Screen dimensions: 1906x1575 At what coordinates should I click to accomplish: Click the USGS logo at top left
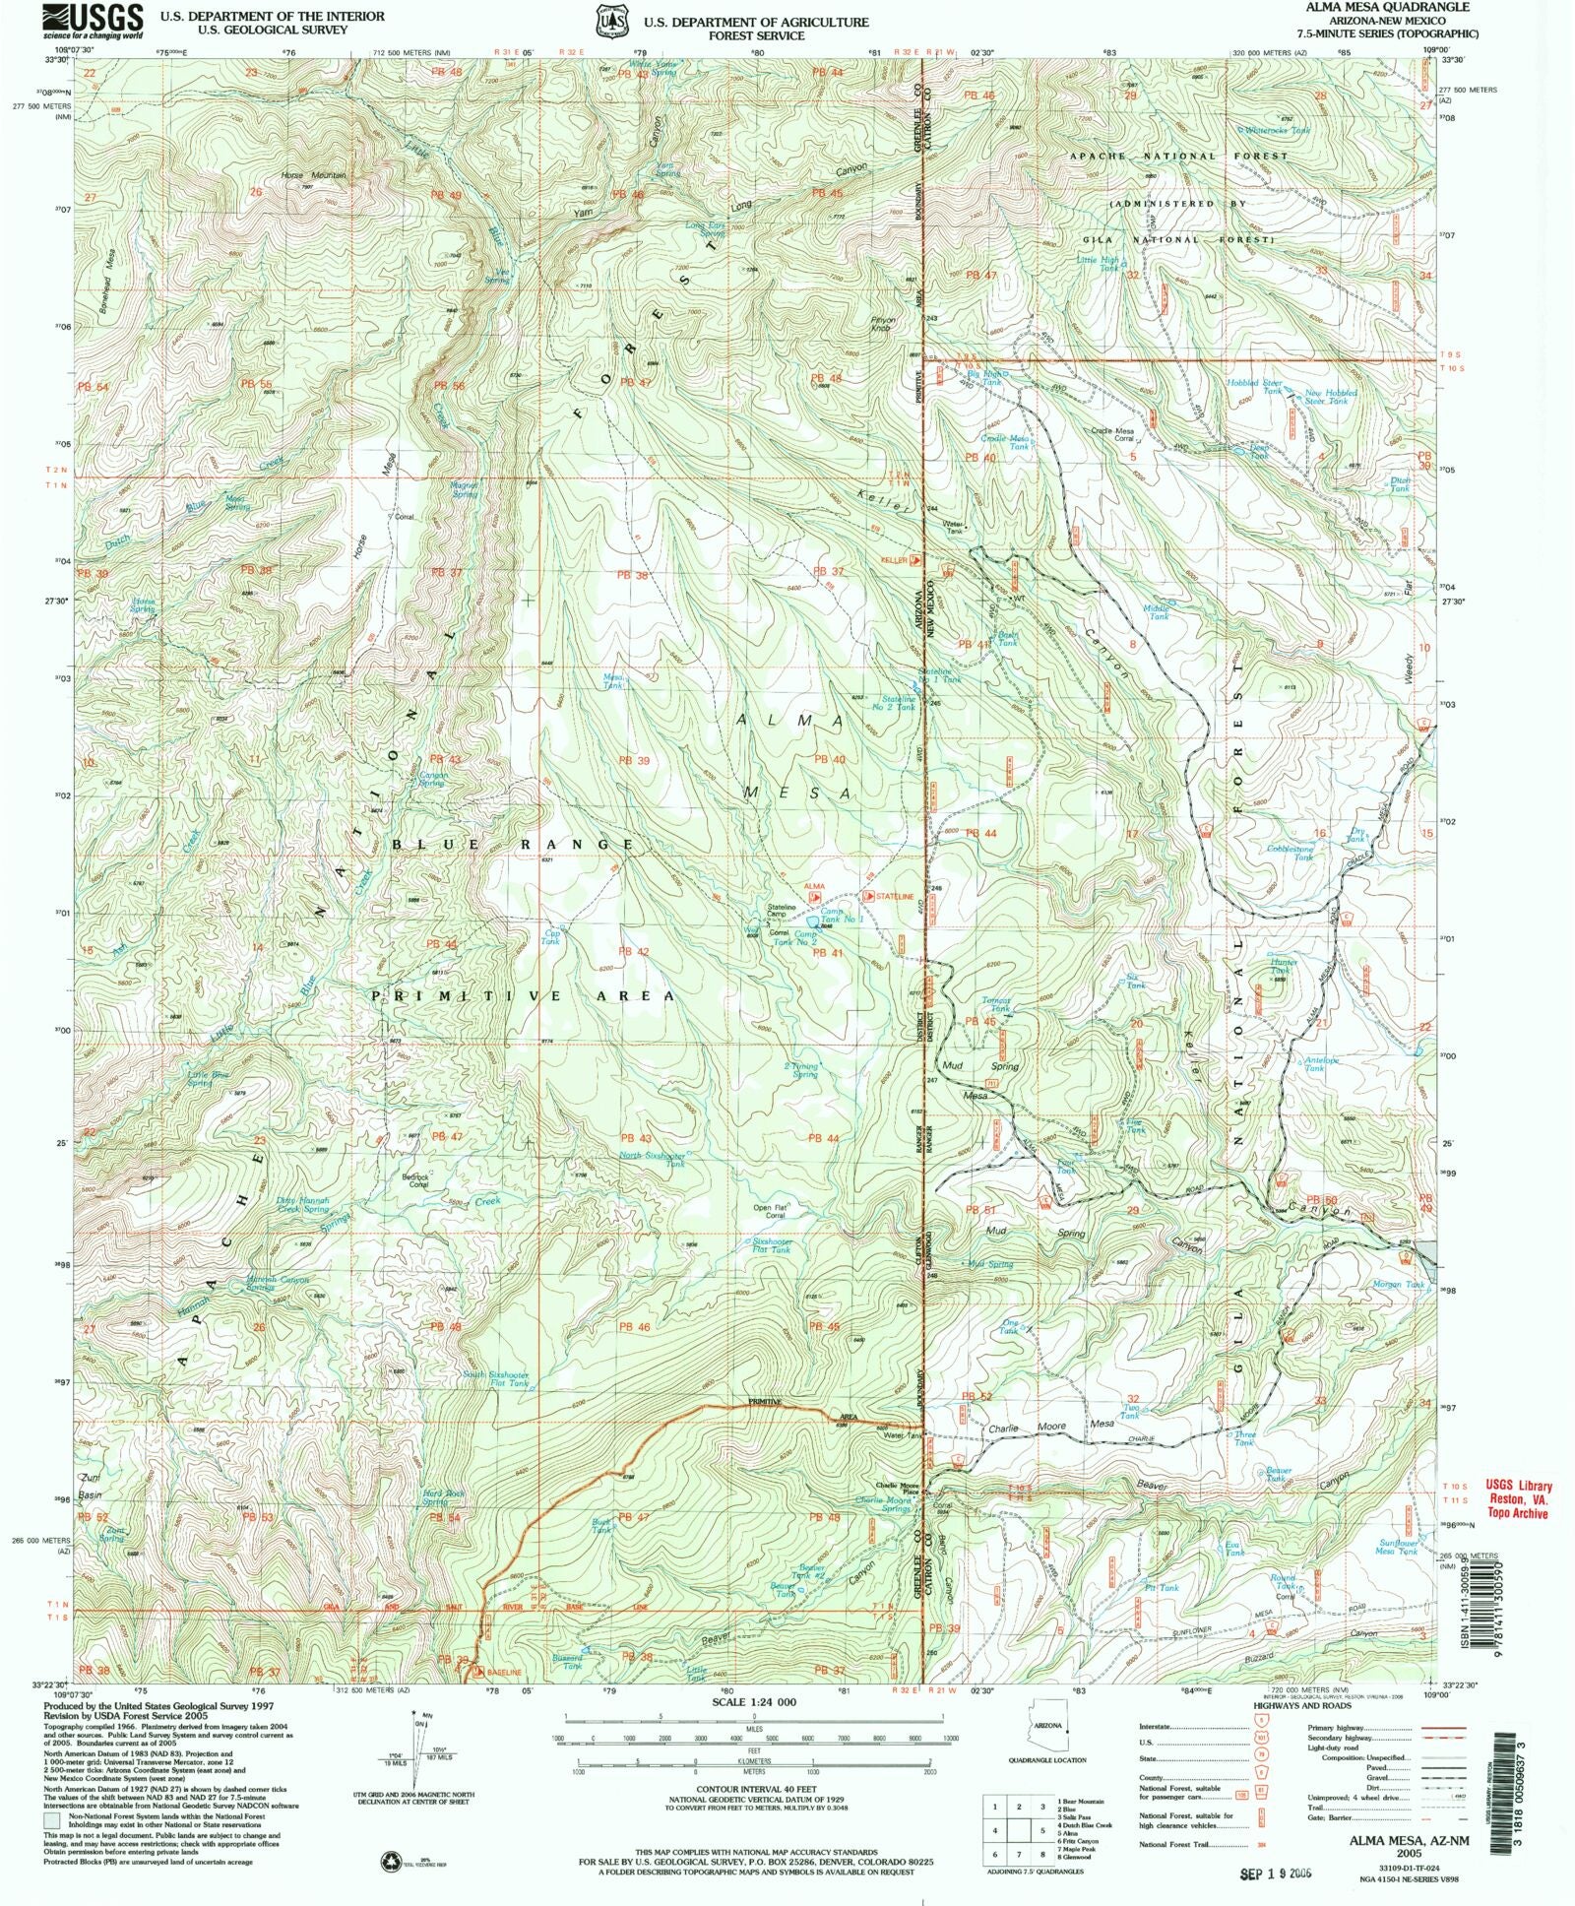[94, 21]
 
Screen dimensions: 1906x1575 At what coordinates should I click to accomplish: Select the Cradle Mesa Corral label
[1111, 434]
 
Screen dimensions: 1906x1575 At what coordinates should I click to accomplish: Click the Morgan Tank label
[1399, 1285]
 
